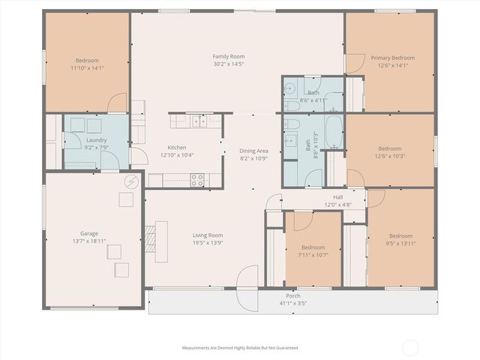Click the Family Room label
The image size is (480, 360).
tap(229, 56)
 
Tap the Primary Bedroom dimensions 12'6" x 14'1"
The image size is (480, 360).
tap(393, 65)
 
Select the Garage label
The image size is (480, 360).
tap(89, 233)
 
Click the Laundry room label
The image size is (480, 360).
tap(97, 140)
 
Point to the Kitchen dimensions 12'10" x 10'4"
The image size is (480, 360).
tap(177, 155)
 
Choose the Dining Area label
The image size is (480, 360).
tap(253, 151)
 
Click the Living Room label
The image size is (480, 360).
tap(208, 235)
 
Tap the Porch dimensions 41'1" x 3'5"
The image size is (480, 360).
tap(293, 303)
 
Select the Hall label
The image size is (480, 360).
tap(338, 197)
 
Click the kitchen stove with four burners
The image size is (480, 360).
tap(197, 180)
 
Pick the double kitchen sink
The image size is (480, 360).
tap(199, 121)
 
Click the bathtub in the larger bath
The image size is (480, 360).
tap(334, 132)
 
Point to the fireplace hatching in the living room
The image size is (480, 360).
tap(150, 238)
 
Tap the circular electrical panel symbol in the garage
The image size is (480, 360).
tap(132, 181)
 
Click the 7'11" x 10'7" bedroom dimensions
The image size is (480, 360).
tap(313, 255)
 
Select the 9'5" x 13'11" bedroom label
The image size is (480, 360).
tap(400, 236)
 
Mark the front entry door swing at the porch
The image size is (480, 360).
tap(247, 288)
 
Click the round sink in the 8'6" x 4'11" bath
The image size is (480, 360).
tap(289, 88)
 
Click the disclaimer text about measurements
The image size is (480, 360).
tap(240, 348)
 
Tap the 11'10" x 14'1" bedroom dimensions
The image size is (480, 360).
tap(87, 68)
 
